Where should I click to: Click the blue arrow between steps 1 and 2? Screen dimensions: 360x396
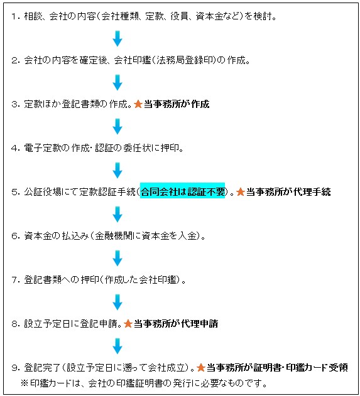coord(117,39)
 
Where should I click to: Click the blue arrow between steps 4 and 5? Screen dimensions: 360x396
coord(117,171)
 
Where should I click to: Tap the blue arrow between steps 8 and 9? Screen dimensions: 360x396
coord(117,346)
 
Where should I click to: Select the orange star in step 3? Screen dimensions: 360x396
coord(138,104)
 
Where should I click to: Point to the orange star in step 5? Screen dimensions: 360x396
coord(241,191)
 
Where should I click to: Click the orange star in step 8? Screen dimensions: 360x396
coord(128,324)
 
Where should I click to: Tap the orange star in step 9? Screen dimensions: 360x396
coord(200,368)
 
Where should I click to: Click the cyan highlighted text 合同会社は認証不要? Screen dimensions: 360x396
coord(182,192)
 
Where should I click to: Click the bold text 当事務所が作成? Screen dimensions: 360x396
coord(177,104)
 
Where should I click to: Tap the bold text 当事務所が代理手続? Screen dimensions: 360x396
coord(288,192)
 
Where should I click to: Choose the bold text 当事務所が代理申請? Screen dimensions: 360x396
coord(176,324)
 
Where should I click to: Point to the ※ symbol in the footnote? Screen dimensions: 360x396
coord(25,383)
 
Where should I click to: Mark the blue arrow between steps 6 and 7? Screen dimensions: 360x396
coord(117,258)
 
